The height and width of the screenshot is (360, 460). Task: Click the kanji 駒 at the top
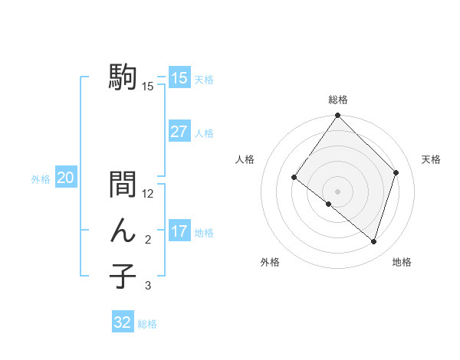[123, 77]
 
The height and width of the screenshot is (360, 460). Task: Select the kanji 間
[123, 185]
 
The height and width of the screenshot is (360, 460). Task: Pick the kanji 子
[123, 276]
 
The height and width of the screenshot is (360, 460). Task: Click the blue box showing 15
[179, 77]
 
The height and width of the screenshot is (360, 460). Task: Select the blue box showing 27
[179, 132]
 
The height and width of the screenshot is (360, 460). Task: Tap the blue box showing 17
[179, 231]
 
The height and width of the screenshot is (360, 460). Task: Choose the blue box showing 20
[66, 178]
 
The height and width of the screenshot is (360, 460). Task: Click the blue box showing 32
[123, 322]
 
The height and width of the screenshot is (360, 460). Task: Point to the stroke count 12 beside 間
[148, 195]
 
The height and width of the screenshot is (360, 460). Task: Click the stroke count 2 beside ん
[148, 241]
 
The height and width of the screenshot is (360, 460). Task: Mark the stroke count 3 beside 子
[148, 286]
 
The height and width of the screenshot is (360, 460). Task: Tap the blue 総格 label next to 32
[147, 324]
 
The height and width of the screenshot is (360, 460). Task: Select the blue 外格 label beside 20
[41, 179]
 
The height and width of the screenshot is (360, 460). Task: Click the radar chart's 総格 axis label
[337, 100]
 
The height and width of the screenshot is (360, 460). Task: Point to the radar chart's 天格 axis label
[432, 159]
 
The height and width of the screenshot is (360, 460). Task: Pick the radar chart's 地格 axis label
[402, 262]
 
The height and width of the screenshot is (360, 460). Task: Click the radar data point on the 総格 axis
[337, 116]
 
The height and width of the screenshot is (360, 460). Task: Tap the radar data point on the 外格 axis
[328, 204]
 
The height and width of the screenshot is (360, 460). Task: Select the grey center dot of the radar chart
[337, 191]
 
